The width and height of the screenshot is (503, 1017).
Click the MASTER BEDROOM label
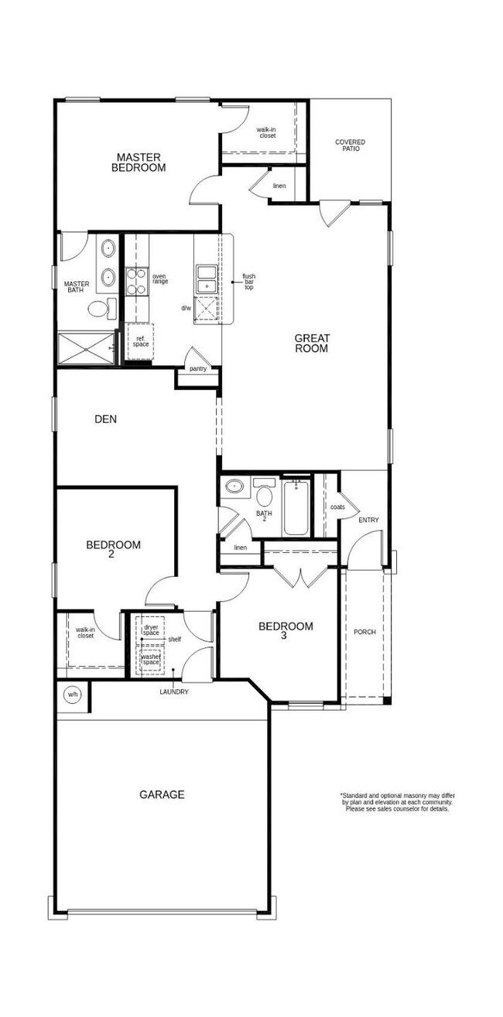[x=139, y=162]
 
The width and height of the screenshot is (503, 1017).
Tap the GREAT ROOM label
[x=312, y=343]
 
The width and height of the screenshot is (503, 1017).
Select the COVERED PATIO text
[x=350, y=145]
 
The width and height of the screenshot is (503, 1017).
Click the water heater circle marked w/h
[x=72, y=695]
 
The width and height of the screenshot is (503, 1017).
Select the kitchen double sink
[x=207, y=279]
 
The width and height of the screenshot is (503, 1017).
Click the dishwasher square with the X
[x=206, y=311]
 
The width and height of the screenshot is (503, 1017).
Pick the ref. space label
[x=141, y=341]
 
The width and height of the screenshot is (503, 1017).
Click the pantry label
[x=198, y=369]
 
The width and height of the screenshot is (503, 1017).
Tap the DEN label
[x=105, y=419]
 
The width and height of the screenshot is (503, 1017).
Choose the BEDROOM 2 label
[x=113, y=549]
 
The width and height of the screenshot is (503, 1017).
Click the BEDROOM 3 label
[x=286, y=630]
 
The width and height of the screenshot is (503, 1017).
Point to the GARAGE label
[x=162, y=794]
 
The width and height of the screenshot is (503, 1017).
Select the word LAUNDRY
[x=174, y=692]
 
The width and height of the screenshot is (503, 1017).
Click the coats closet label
[x=337, y=507]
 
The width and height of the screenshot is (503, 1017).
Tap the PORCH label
[x=364, y=632]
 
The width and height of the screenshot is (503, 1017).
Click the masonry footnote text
[x=398, y=802]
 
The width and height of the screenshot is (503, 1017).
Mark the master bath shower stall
[x=87, y=349]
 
